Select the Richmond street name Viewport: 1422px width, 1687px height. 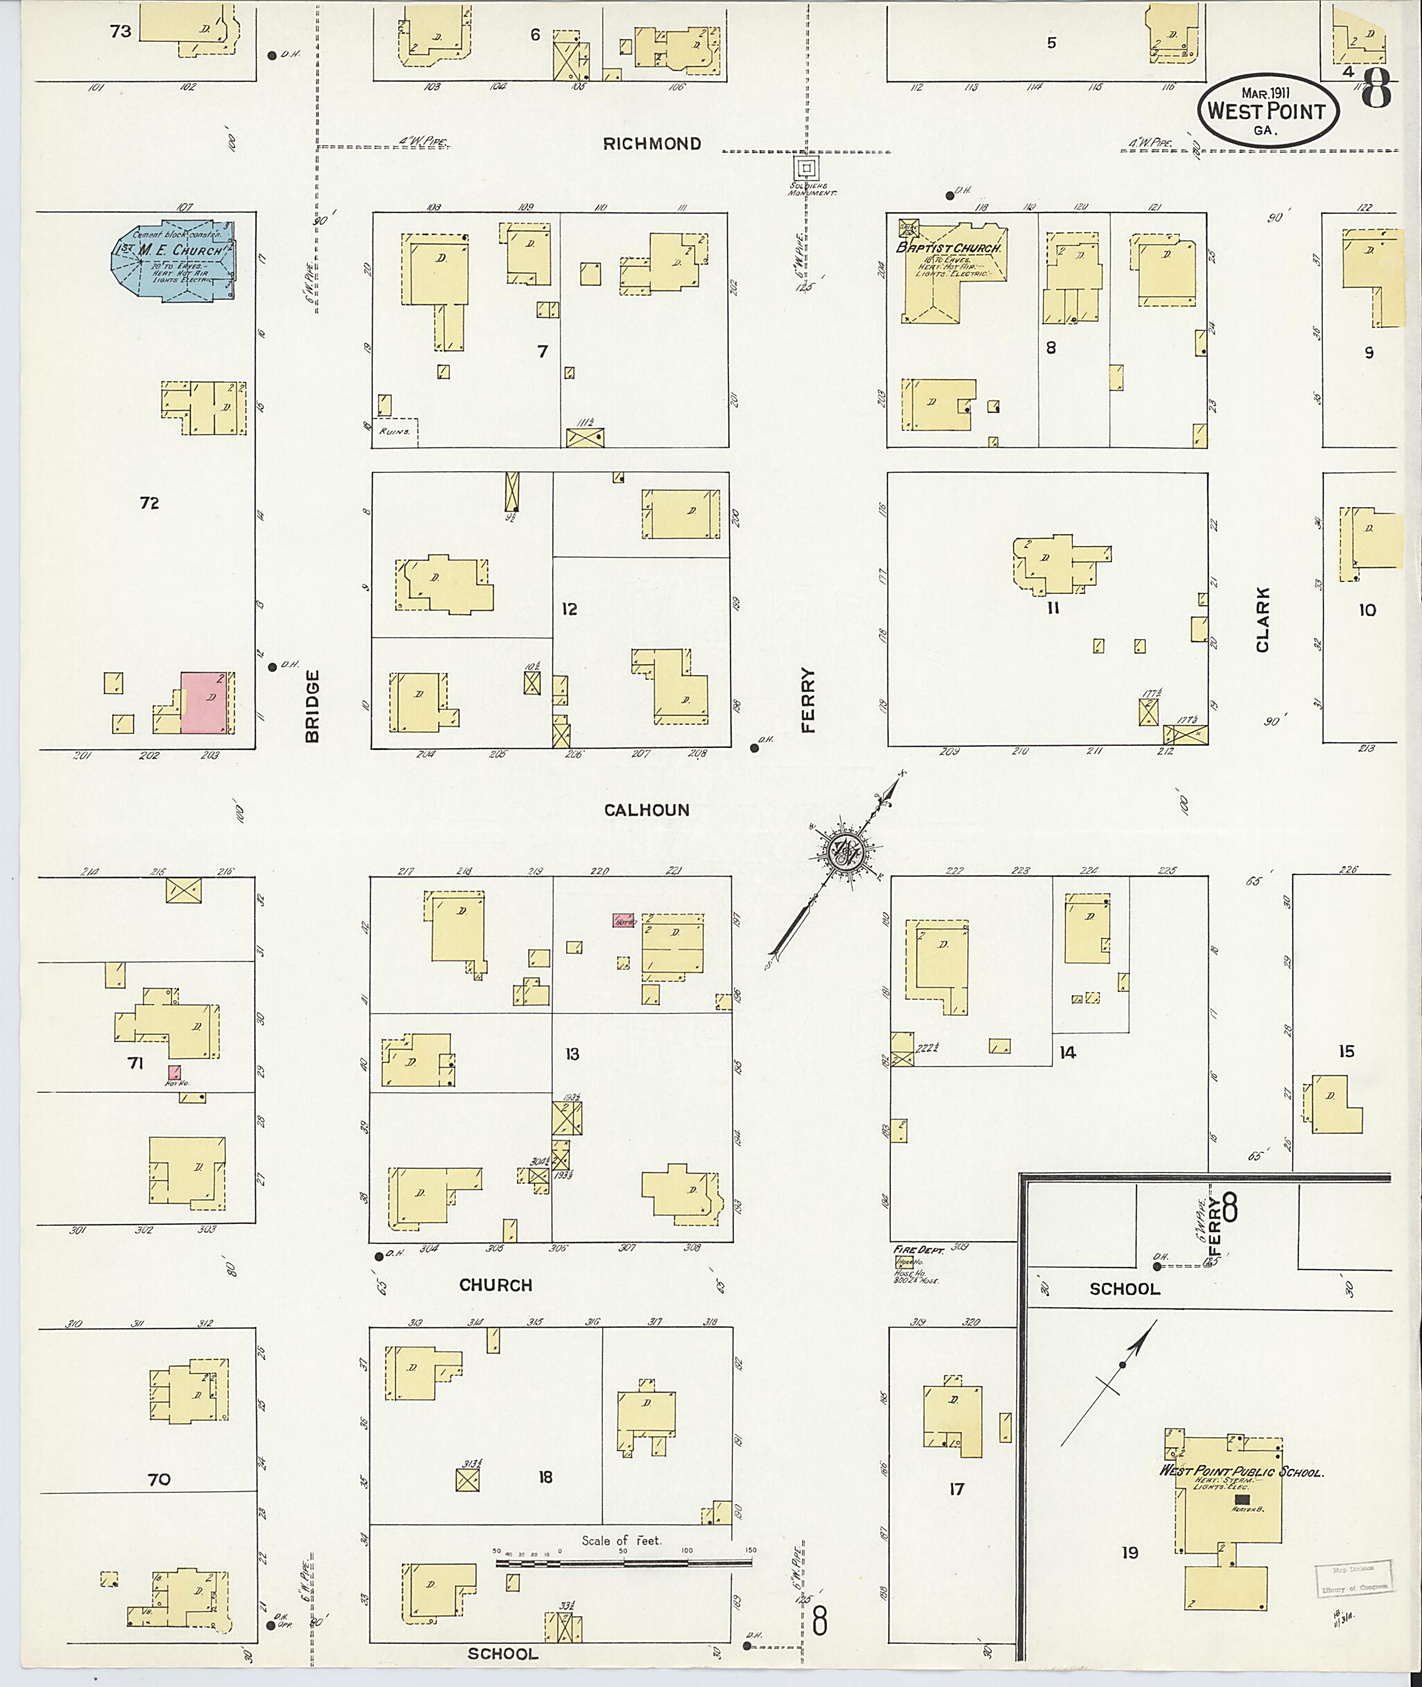(652, 144)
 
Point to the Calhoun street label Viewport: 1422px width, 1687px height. (646, 811)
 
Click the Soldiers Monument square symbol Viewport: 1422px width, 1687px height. (805, 169)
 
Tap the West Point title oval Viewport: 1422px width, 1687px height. (1267, 112)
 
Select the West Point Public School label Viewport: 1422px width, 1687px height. (1241, 1472)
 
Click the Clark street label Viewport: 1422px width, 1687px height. (1262, 620)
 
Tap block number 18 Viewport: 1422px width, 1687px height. (546, 1477)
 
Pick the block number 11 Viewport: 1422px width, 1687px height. (1053, 608)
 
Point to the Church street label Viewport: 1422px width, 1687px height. (496, 1286)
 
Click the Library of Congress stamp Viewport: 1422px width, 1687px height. (1353, 1578)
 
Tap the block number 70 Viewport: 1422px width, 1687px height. (159, 1479)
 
